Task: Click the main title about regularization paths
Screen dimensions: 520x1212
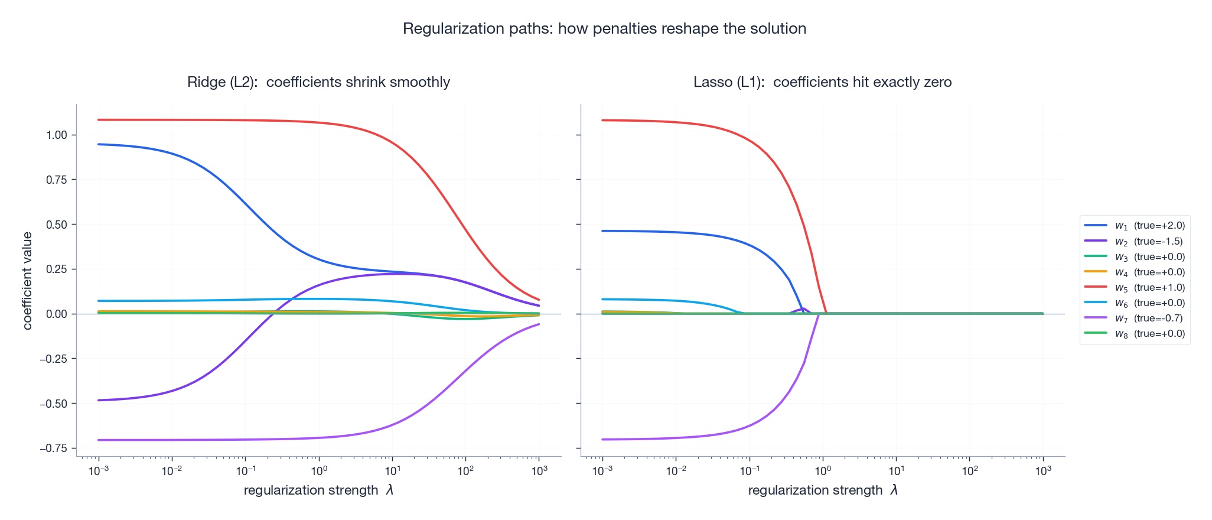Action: pyautogui.click(x=604, y=28)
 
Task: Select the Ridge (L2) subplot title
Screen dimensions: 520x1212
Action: pyautogui.click(x=318, y=82)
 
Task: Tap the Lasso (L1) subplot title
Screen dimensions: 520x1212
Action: pyautogui.click(x=822, y=82)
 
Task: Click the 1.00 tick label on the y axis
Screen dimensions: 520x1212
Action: pyautogui.click(x=57, y=135)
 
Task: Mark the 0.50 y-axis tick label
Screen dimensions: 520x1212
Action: pyautogui.click(x=57, y=225)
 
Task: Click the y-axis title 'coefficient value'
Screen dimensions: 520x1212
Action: pyautogui.click(x=27, y=281)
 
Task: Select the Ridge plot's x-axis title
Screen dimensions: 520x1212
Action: pyautogui.click(x=318, y=490)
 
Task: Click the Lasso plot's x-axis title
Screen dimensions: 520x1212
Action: pyautogui.click(x=822, y=490)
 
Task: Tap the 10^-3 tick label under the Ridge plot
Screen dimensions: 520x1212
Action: pyautogui.click(x=98, y=471)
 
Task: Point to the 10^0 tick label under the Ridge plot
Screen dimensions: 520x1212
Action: pyautogui.click(x=319, y=471)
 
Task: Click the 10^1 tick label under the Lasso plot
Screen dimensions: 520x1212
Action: pyautogui.click(x=896, y=471)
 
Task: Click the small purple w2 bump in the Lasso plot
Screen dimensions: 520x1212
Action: pyautogui.click(x=803, y=309)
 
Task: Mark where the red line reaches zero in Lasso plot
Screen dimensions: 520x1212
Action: pyautogui.click(x=825, y=313)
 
